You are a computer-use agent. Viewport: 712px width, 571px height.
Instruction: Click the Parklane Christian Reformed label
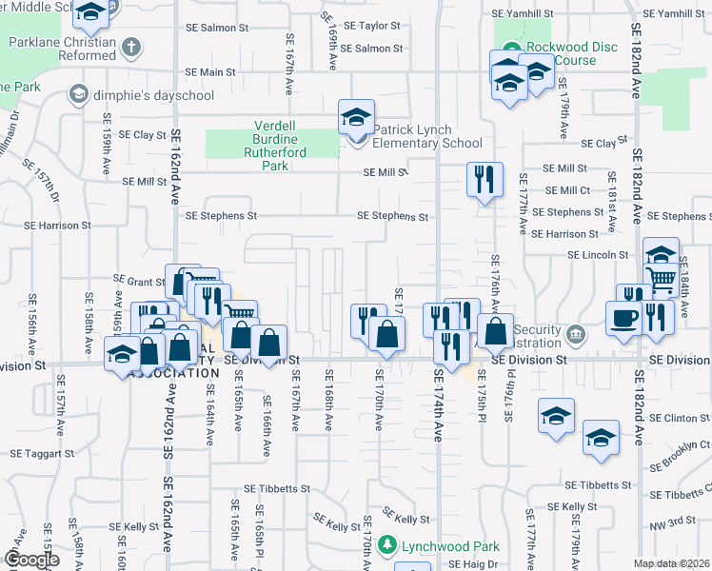[62, 49]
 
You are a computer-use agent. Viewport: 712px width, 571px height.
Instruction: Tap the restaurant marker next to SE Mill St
[485, 178]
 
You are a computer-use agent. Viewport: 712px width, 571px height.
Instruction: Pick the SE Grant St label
[140, 281]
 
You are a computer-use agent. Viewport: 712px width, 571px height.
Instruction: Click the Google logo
[30, 560]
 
